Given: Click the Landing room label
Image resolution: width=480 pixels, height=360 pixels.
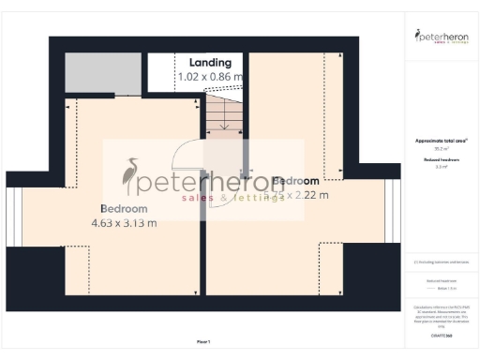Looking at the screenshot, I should (x=211, y=62).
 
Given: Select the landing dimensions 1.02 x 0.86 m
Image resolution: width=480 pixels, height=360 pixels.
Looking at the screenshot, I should (x=211, y=77).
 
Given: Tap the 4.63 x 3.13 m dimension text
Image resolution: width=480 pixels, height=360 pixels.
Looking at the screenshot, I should (x=124, y=223).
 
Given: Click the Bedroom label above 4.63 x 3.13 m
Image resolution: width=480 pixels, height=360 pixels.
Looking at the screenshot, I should (x=124, y=208).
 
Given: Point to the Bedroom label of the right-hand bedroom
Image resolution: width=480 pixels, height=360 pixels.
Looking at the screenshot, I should (x=295, y=180).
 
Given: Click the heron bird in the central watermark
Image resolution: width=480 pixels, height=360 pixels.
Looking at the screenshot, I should (x=130, y=176).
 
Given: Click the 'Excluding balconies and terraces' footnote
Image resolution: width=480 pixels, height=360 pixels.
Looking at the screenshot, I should (x=441, y=262).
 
